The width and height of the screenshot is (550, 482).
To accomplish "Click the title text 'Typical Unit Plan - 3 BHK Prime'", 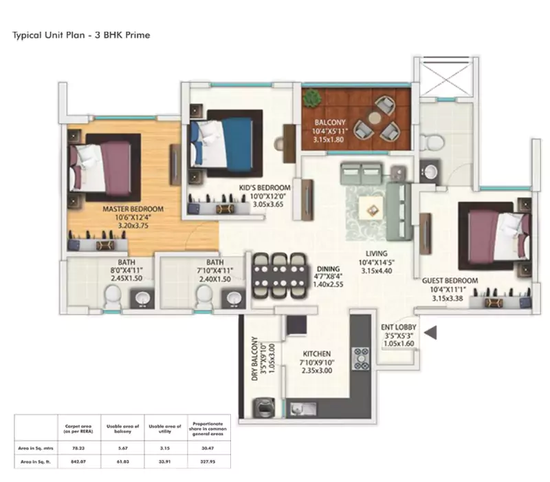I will tap(82, 34).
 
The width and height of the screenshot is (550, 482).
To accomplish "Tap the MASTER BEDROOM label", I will tap(133, 209).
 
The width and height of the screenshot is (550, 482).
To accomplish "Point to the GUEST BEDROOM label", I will tap(450, 280).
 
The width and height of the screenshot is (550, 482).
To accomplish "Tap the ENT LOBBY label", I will tap(397, 328).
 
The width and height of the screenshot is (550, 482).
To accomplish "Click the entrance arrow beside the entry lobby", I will tap(431, 333).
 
